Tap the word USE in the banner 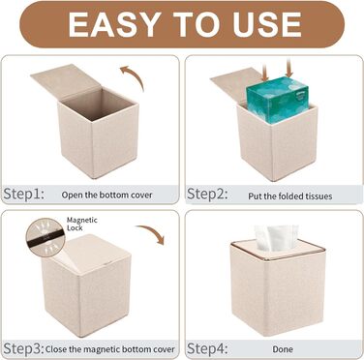pos(268,24)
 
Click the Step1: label pos(23,194)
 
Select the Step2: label pos(207,194)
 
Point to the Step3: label pos(23,348)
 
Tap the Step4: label pos(207,348)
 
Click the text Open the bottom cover pos(106,195)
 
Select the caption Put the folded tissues pos(290,196)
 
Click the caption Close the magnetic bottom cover pos(110,349)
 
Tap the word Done pos(283,349)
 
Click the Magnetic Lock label pos(81,224)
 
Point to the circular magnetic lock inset pos(45,237)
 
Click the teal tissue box pos(278,100)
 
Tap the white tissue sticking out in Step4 pos(276,238)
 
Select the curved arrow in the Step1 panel pos(135,75)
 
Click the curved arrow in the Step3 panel pos(152,233)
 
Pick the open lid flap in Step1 pos(66,81)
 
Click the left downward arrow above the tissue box pos(265,73)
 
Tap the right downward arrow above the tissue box pos(288,69)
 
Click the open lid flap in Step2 pos(235,85)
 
